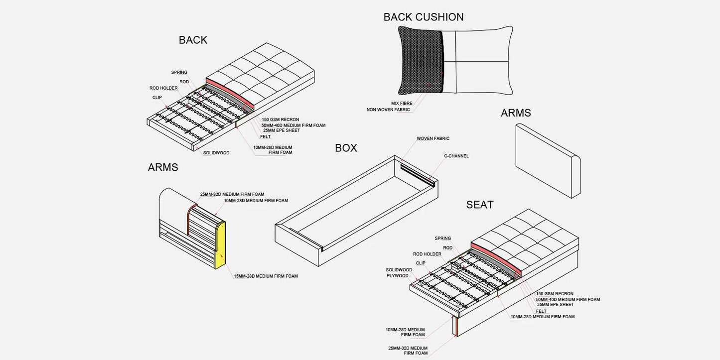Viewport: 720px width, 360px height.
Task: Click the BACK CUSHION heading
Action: click(x=424, y=17)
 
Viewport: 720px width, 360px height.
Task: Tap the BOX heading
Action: click(x=346, y=148)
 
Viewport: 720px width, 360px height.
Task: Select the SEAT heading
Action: click(x=480, y=205)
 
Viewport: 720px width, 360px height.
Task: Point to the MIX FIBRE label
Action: click(x=402, y=103)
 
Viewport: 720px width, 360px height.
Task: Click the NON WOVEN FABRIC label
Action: click(x=388, y=110)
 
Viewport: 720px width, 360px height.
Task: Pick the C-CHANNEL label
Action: click(x=456, y=156)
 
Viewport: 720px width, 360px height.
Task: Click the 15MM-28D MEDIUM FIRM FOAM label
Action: click(x=266, y=276)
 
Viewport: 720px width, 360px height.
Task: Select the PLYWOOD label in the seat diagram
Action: click(x=398, y=276)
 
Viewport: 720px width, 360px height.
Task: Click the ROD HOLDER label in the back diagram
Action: click(x=163, y=88)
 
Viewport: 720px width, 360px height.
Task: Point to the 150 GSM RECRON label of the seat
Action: click(x=555, y=294)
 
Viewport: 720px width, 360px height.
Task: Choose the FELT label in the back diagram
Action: click(x=265, y=136)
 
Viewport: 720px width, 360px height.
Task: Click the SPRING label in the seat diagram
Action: click(x=442, y=239)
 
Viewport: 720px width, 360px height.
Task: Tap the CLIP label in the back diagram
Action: click(x=157, y=98)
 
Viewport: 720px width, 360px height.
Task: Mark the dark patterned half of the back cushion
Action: click(x=420, y=60)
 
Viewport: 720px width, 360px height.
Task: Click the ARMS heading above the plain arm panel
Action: click(x=516, y=113)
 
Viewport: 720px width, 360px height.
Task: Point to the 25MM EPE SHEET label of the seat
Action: click(x=555, y=305)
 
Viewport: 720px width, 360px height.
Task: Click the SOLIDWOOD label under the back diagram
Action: click(x=216, y=153)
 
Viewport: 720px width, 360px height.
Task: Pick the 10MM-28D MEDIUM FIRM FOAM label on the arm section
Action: click(x=256, y=201)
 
